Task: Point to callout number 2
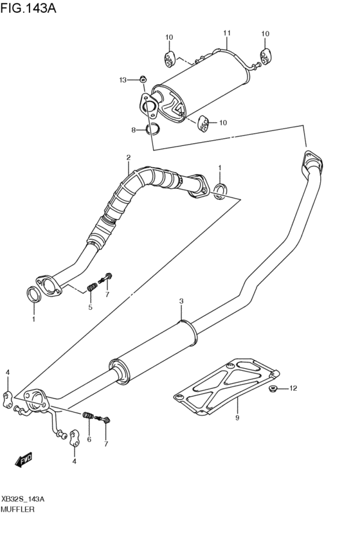(128, 157)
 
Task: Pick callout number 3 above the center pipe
(181, 301)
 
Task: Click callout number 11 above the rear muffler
(226, 33)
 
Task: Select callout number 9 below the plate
(237, 418)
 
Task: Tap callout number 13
(122, 80)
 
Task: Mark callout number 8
(134, 130)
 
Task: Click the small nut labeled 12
(272, 388)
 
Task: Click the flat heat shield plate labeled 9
(228, 385)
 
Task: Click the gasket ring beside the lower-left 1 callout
(33, 295)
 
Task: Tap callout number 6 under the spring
(89, 440)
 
